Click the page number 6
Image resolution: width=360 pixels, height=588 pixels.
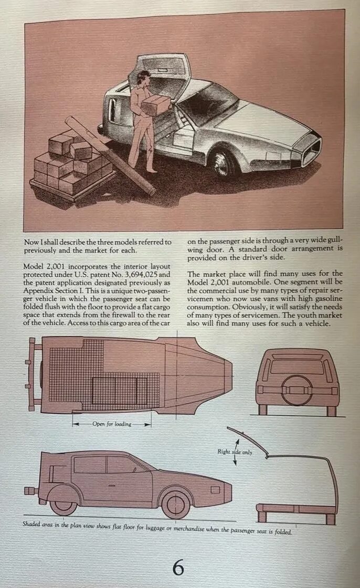tap(178, 568)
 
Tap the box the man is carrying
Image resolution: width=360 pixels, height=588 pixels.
tap(156, 104)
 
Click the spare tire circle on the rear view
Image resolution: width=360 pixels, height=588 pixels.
tap(297, 389)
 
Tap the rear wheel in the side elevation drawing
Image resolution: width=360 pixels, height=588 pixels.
tap(63, 499)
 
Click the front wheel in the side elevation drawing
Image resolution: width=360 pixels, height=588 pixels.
tap(175, 502)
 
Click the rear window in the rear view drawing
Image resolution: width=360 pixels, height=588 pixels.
tap(297, 366)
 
